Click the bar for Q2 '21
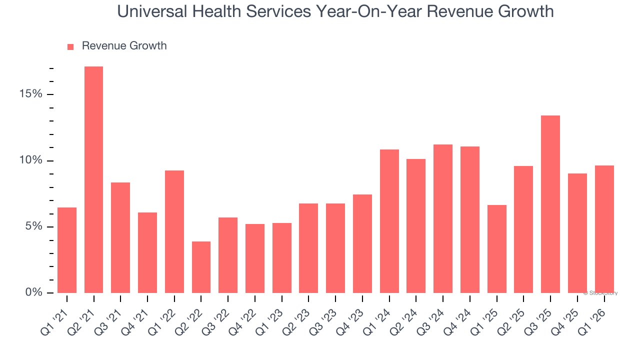click(x=93, y=179)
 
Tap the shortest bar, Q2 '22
click(x=201, y=267)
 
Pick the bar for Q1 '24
click(x=389, y=221)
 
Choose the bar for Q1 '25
click(x=496, y=249)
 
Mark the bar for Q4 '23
click(x=362, y=243)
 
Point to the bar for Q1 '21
click(x=67, y=250)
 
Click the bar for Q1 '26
click(x=604, y=229)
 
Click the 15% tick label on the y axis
click(x=31, y=94)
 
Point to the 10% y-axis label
click(x=31, y=160)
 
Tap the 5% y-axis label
click(x=34, y=226)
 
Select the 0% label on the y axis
click(x=34, y=292)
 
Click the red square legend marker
click(x=70, y=46)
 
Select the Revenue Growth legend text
click(x=124, y=46)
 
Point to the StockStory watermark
click(x=600, y=293)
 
